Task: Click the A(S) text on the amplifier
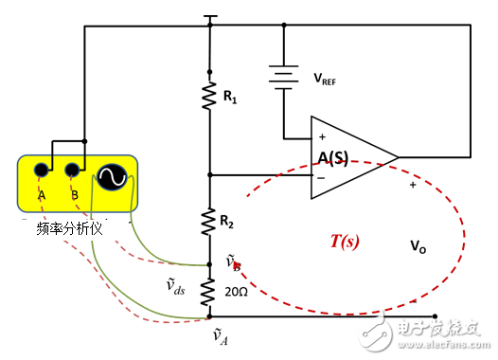(x=334, y=156)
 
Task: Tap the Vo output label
(x=418, y=245)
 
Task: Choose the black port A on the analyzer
(x=42, y=171)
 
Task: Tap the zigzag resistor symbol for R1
(x=209, y=97)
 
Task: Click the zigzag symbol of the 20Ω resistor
(x=209, y=292)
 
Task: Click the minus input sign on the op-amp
(x=322, y=176)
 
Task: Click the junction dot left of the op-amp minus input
(x=209, y=174)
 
